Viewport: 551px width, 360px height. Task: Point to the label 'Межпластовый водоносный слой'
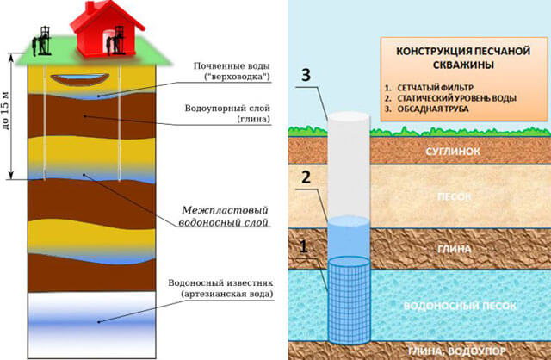[226, 214]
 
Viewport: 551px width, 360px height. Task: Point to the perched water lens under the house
[78, 80]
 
